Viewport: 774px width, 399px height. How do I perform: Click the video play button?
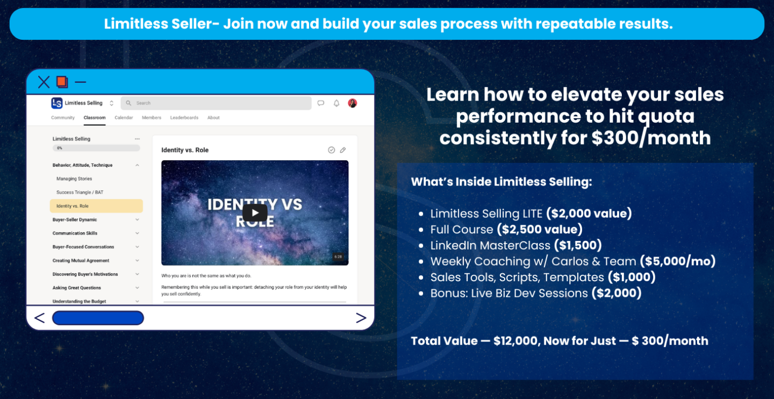pos(255,212)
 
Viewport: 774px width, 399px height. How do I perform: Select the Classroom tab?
pos(95,118)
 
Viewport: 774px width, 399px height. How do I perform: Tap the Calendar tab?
pos(124,118)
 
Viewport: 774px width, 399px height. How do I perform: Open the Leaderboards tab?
pos(184,118)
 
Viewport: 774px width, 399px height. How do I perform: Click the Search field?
pos(216,103)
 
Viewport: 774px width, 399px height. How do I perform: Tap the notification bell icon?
pos(336,103)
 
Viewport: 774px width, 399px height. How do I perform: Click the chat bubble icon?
pos(321,103)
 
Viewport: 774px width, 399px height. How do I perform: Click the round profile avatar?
pos(353,103)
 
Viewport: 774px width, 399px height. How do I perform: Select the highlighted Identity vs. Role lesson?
pos(96,206)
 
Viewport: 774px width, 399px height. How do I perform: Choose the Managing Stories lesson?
pos(74,179)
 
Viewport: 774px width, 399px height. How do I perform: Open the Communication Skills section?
pos(75,233)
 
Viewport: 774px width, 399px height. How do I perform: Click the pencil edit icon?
pos(343,149)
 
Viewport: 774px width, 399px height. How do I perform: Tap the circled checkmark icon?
pos(331,149)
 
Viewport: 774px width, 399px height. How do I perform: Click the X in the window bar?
pos(44,82)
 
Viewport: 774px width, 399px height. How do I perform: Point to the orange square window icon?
pos(62,82)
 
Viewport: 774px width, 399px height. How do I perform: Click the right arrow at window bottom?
pos(361,318)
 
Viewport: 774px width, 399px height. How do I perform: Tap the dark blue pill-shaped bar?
pos(98,318)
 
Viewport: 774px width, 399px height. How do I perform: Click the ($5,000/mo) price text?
pos(678,261)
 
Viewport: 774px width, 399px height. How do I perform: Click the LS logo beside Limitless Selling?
pos(56,103)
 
